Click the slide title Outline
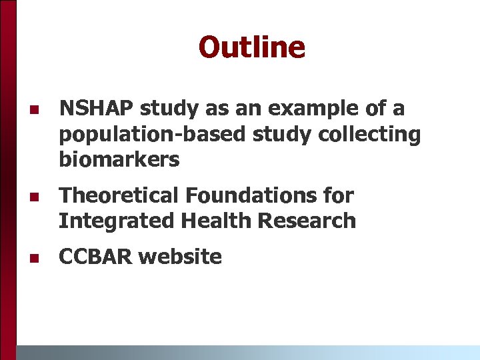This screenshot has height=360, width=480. coord(251,47)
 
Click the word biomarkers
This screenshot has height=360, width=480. coord(119,159)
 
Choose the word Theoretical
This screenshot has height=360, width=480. coord(120,195)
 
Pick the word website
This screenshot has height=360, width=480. coord(181,257)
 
